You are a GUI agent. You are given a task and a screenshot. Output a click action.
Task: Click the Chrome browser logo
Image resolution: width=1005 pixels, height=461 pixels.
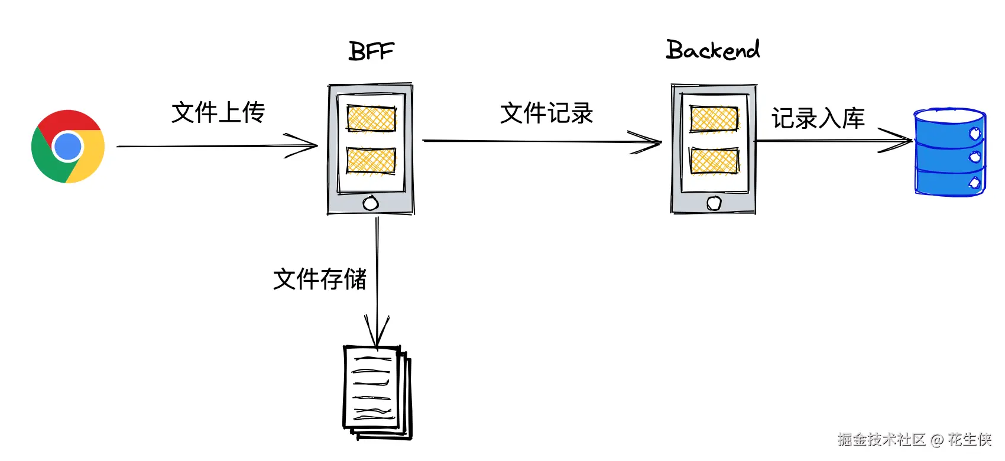[68, 146]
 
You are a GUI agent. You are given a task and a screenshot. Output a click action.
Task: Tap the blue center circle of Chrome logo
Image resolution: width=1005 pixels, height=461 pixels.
[67, 147]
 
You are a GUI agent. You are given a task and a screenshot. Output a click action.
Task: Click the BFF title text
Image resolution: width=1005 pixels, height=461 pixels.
[371, 51]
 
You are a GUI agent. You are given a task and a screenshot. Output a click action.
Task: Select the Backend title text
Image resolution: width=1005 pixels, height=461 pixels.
[712, 50]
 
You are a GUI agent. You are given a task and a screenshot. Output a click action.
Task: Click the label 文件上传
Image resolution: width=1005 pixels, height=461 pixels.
[218, 112]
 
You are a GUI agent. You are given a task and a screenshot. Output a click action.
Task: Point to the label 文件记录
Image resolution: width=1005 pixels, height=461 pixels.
[546, 113]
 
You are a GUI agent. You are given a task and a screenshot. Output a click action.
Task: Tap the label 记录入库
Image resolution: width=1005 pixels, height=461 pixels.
[818, 118]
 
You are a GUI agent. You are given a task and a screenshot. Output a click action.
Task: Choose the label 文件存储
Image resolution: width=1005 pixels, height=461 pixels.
[320, 279]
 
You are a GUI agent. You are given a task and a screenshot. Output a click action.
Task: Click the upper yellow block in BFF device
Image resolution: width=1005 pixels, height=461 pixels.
[371, 118]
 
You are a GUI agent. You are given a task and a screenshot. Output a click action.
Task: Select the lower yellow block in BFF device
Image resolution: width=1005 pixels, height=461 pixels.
[371, 160]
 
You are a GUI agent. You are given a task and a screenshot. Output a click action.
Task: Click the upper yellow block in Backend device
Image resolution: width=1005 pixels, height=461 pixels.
[714, 119]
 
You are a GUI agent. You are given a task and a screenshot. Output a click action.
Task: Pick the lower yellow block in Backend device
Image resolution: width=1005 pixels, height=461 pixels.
[714, 161]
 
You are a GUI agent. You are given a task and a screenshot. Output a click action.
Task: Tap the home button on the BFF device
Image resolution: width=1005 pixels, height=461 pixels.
[371, 203]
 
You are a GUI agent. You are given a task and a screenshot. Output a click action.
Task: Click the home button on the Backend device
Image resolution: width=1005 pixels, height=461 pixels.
[714, 203]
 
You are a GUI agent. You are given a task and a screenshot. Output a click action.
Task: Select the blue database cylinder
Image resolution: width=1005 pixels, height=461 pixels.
[949, 152]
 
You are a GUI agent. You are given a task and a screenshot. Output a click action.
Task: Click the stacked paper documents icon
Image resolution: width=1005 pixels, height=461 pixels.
[377, 391]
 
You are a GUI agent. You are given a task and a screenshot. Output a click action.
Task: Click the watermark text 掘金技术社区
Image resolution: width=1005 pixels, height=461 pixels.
[881, 439]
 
